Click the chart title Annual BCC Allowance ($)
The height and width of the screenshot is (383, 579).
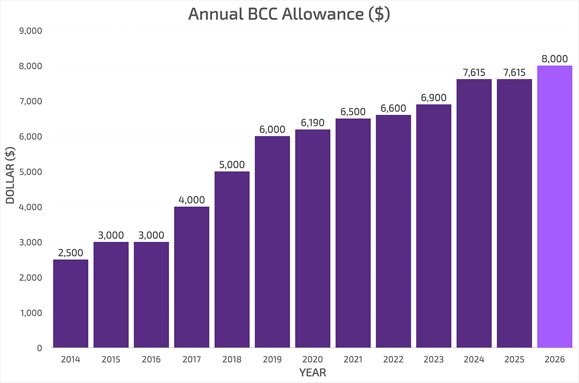click(x=289, y=14)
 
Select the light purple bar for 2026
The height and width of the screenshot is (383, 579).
click(x=555, y=207)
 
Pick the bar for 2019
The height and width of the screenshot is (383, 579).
click(x=273, y=242)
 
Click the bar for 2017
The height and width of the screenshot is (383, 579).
click(x=192, y=277)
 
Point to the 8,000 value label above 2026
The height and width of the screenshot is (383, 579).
click(x=555, y=59)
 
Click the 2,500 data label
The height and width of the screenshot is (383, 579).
click(x=71, y=253)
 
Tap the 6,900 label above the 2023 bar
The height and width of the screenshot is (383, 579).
click(x=434, y=98)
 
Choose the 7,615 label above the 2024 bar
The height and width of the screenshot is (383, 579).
click(x=474, y=72)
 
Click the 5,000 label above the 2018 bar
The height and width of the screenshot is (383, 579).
click(x=232, y=165)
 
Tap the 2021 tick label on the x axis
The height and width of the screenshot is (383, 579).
click(x=353, y=359)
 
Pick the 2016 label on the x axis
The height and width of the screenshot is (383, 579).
click(x=151, y=359)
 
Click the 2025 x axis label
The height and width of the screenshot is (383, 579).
click(x=514, y=359)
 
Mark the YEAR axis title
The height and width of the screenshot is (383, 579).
click(x=312, y=373)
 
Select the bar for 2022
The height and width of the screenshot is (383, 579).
click(x=393, y=231)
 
